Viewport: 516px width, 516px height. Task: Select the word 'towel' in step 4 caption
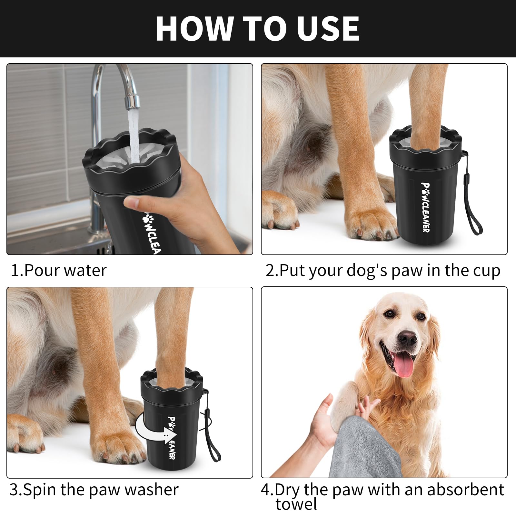click(296, 504)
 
